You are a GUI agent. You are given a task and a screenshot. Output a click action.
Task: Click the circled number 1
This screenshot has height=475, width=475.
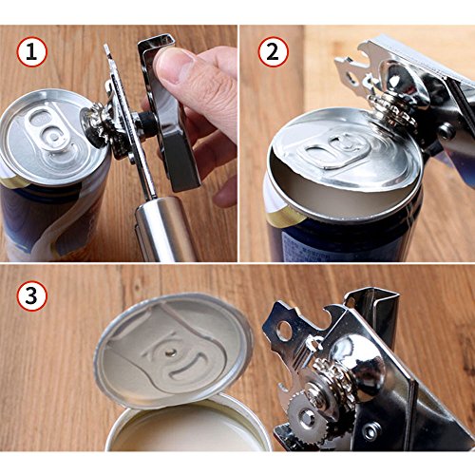pyautogui.click(x=32, y=51)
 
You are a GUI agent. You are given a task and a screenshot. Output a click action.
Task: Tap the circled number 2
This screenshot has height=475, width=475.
pyautogui.click(x=273, y=51)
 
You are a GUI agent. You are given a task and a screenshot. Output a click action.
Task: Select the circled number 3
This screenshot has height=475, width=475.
pyautogui.click(x=32, y=295)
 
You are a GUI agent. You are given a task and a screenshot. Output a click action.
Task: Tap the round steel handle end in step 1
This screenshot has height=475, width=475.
pyautogui.click(x=164, y=229)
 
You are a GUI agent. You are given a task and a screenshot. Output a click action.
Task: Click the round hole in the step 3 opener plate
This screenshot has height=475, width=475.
pyautogui.click(x=284, y=332)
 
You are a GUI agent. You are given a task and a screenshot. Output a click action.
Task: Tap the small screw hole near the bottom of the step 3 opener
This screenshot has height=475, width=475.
pyautogui.click(x=370, y=430)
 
